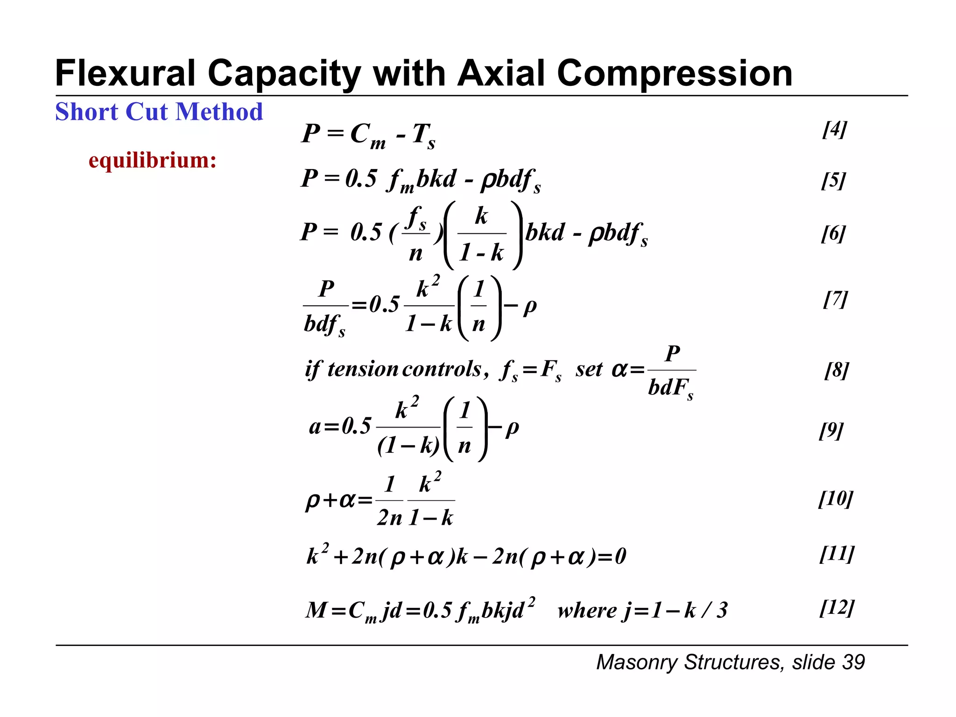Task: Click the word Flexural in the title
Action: point(125,74)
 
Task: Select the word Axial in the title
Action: point(501,74)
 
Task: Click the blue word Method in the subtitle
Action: point(219,112)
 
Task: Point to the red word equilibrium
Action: point(152,160)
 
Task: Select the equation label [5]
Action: point(833,180)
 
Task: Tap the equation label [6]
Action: point(833,233)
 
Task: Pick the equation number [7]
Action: point(835,299)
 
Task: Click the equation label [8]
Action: point(836,370)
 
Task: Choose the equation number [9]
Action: point(831,430)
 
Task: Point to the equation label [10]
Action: point(836,499)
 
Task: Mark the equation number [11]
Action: point(837,554)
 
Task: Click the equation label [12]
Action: point(837,608)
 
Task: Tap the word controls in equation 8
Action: point(442,369)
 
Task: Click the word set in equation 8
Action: point(589,370)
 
